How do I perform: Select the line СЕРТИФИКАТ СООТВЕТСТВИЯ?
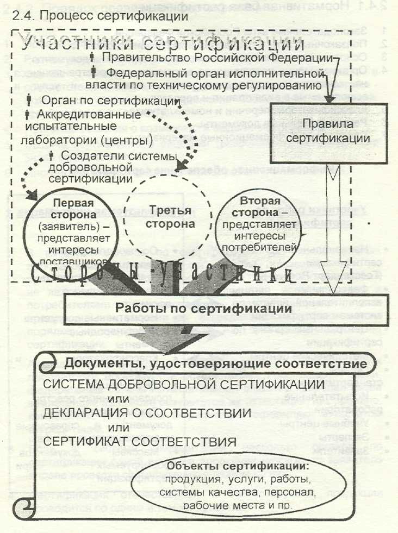[x=140, y=441]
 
